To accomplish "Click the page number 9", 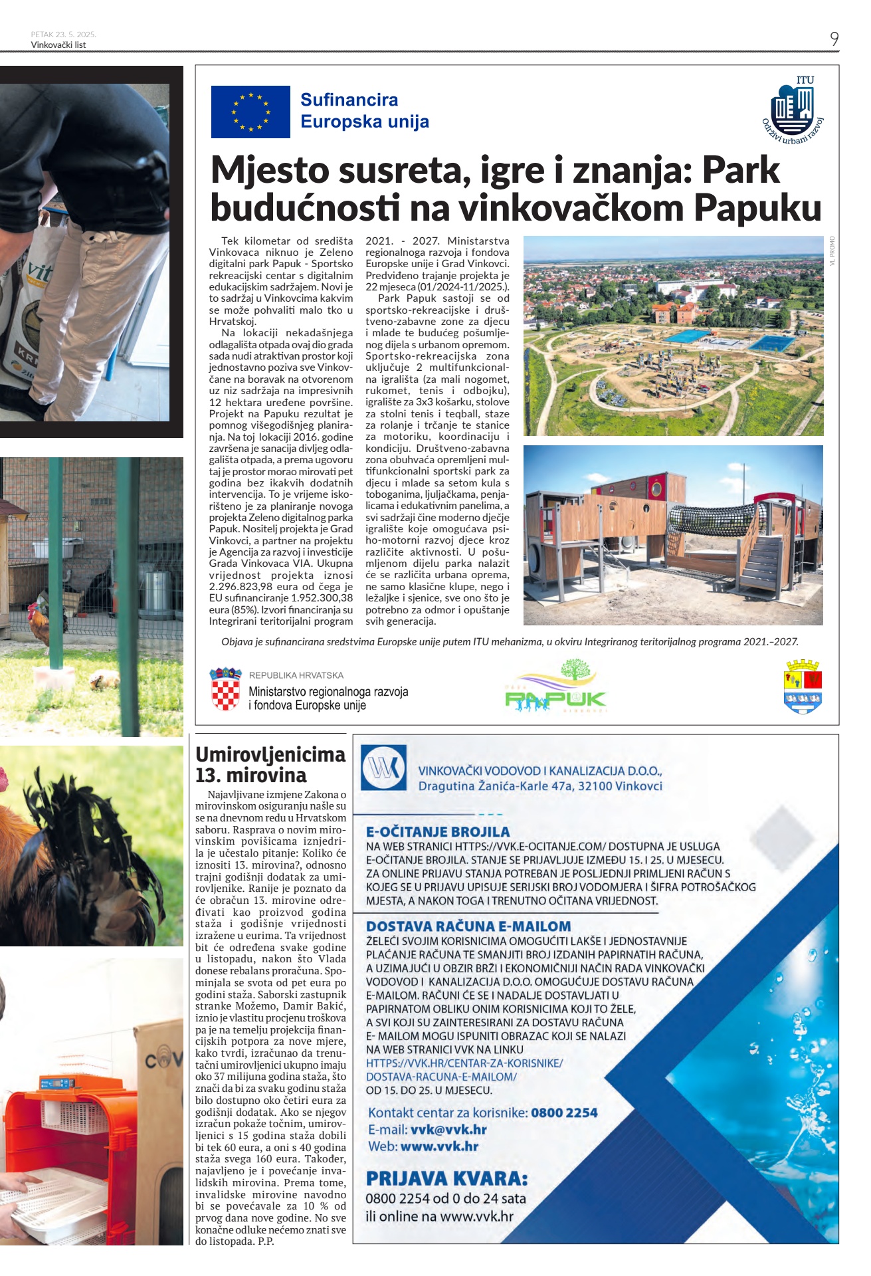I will tap(834, 39).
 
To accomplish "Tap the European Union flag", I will tap(250, 112).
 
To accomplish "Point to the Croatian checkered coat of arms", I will tap(225, 690).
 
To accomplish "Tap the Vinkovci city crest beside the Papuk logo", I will tap(803, 687).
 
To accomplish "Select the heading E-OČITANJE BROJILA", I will tap(438, 831).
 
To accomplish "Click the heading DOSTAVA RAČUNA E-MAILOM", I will tap(468, 926).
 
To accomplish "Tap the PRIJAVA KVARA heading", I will tap(446, 1179).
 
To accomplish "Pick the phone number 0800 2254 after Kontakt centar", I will tap(564, 1113).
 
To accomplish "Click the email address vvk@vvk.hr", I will tap(448, 1129).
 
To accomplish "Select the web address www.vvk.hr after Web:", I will tap(439, 1146).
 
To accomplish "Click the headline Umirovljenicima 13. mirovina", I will tap(270, 765).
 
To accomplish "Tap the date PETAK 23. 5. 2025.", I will tap(63, 35).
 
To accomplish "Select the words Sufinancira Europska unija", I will tap(364, 110).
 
